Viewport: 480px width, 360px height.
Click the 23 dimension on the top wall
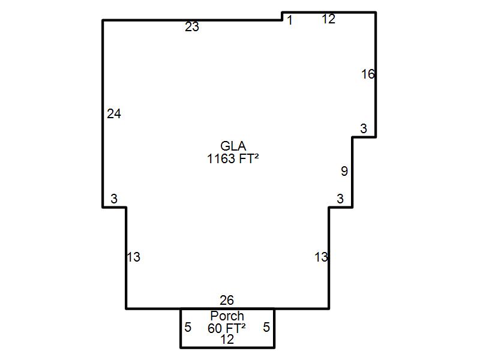[192, 27]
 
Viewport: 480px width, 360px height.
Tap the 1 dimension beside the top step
[290, 20]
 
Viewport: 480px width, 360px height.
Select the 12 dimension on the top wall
[328, 19]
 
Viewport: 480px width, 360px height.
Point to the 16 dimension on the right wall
[368, 74]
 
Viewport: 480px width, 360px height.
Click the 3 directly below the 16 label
[364, 128]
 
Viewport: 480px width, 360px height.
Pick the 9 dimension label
[344, 171]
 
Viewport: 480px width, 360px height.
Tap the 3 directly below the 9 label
[340, 199]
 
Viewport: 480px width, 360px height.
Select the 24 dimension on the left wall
[114, 114]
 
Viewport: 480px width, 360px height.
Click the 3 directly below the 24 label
[114, 199]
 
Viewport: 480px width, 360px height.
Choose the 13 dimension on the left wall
[133, 257]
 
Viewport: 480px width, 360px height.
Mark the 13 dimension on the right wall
[322, 257]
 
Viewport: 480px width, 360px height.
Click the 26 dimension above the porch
[227, 301]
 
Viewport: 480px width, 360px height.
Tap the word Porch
[227, 316]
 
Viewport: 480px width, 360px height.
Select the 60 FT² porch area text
[227, 328]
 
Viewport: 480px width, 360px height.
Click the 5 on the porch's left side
[188, 327]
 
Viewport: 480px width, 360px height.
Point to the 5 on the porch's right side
[266, 327]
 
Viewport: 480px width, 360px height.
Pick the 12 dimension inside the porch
[227, 340]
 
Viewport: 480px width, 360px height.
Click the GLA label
[233, 146]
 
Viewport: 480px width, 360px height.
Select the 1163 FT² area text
[233, 159]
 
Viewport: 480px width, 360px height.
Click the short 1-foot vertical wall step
[282, 16]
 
